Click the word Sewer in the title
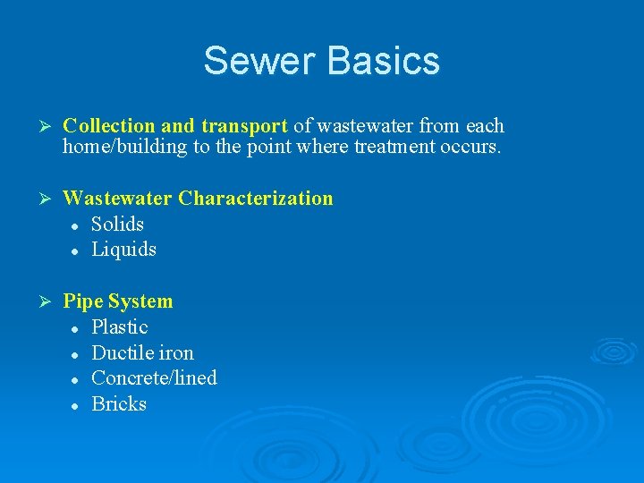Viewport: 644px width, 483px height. pos(259,61)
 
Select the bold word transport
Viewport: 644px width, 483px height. pos(243,126)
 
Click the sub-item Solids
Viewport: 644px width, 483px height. pos(117,224)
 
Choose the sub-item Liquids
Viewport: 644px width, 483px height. pos(123,250)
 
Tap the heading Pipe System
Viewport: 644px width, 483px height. pos(118,301)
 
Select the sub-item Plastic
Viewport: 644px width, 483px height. pos(120,327)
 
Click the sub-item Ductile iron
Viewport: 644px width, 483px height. pos(142,352)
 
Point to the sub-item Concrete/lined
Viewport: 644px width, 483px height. pos(154,378)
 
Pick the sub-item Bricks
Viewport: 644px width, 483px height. pos(119,404)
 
